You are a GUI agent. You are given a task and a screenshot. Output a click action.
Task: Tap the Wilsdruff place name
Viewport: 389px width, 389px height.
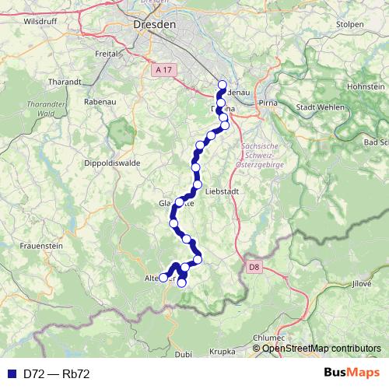[x=40, y=22]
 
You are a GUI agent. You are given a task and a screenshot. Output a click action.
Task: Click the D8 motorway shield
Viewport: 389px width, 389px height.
[x=254, y=267]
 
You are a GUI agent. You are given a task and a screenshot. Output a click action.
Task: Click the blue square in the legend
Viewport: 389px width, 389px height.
[x=11, y=373]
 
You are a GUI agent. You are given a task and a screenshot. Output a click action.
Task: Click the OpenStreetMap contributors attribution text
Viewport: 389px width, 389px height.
[x=321, y=349]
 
